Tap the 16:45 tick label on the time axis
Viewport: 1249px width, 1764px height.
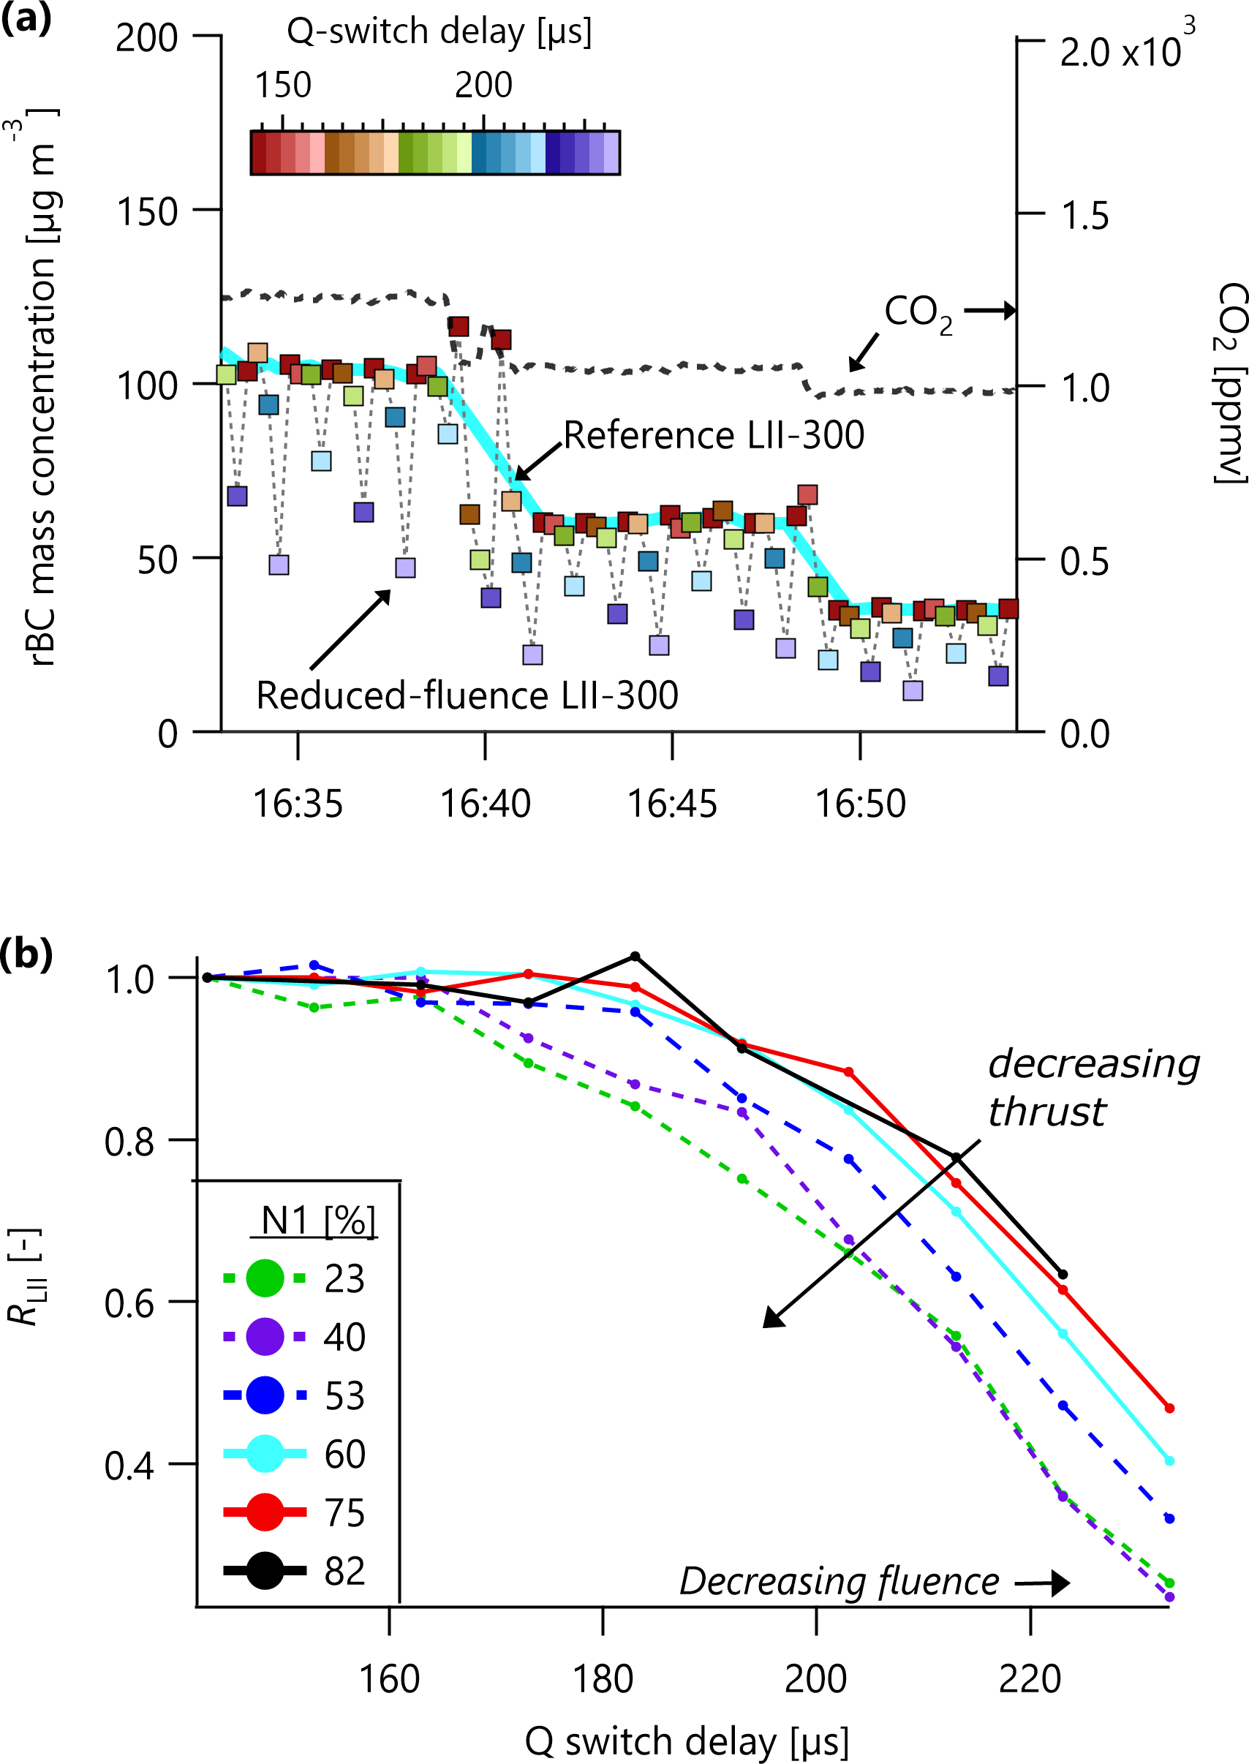click(x=672, y=804)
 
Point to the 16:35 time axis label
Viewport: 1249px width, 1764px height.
click(x=298, y=804)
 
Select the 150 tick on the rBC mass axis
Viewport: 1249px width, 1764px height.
click(x=147, y=212)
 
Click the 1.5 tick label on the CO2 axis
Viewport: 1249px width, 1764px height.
click(x=1084, y=216)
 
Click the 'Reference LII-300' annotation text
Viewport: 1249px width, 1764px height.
click(x=714, y=435)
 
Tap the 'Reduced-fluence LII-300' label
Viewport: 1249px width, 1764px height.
click(x=467, y=696)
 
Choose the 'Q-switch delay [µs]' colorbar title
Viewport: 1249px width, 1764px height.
click(x=439, y=32)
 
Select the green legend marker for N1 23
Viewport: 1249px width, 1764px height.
click(x=265, y=1278)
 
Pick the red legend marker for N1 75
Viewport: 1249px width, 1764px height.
click(x=265, y=1512)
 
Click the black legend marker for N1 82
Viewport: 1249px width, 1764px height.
click(x=265, y=1570)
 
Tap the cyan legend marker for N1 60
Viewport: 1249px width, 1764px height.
click(x=265, y=1453)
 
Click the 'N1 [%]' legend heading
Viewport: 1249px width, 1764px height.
click(x=317, y=1221)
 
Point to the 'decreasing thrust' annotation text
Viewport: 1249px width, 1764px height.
click(x=1092, y=1088)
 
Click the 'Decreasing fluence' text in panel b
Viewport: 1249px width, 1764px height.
click(x=839, y=1582)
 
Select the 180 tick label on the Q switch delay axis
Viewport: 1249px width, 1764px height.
click(x=603, y=1678)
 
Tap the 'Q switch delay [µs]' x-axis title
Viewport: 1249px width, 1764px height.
click(x=686, y=1742)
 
